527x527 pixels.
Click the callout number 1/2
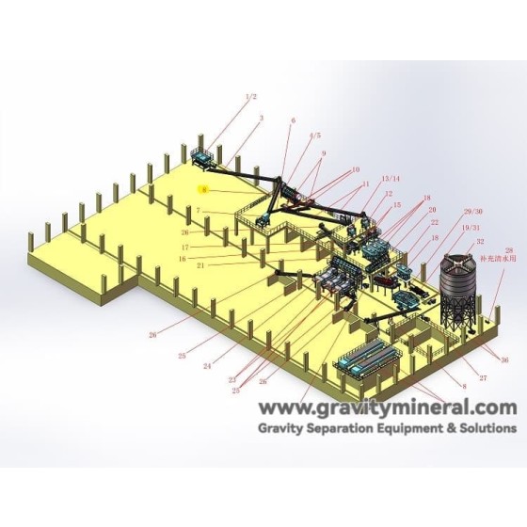pyautogui.click(x=250, y=97)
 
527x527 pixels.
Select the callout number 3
pyautogui.click(x=261, y=118)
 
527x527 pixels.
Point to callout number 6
pyautogui.click(x=293, y=120)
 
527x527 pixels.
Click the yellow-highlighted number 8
pyautogui.click(x=203, y=189)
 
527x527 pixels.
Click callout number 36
pyautogui.click(x=504, y=360)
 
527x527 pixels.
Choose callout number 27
pyautogui.click(x=484, y=377)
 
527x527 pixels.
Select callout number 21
pyautogui.click(x=201, y=266)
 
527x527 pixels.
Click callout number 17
pyautogui.click(x=185, y=248)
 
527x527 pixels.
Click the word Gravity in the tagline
pyautogui.click(x=288, y=426)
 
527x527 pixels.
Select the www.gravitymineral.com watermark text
pyautogui.click(x=388, y=407)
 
